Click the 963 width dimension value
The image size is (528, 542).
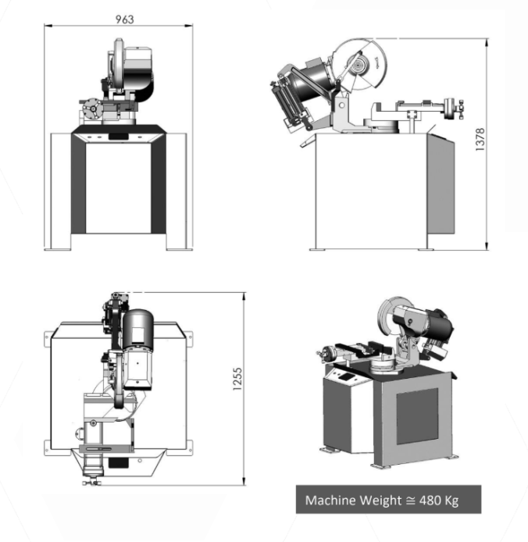pos(124,20)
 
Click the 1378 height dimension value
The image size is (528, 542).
pos(480,139)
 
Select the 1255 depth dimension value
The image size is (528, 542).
pos(237,380)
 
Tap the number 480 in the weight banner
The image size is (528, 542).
pos(426,500)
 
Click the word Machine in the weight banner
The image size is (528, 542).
pos(331,500)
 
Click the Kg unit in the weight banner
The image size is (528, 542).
pos(448,501)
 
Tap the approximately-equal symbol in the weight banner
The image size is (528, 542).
pos(410,500)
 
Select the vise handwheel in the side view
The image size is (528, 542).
pos(450,109)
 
